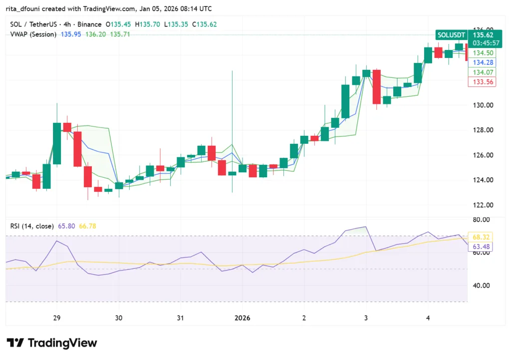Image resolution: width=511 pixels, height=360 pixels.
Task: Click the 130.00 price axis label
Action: tap(483, 105)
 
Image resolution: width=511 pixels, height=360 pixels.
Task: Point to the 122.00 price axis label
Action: tap(483, 205)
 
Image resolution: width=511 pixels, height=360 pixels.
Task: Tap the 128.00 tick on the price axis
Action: tap(483, 130)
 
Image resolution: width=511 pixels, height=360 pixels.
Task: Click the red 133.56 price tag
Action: tap(482, 82)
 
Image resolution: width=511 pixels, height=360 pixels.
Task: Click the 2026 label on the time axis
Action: tap(243, 318)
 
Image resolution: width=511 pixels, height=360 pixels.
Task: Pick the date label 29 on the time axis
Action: tap(56, 318)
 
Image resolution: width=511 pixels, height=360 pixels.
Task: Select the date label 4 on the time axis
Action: tap(428, 318)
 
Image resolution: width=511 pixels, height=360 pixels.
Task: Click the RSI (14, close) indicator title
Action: tap(32, 226)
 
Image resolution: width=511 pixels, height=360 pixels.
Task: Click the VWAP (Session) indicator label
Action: tap(33, 34)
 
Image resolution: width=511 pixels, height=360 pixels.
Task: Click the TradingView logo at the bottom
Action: tap(52, 343)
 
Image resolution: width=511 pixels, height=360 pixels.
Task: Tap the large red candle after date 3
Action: tap(376, 86)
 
